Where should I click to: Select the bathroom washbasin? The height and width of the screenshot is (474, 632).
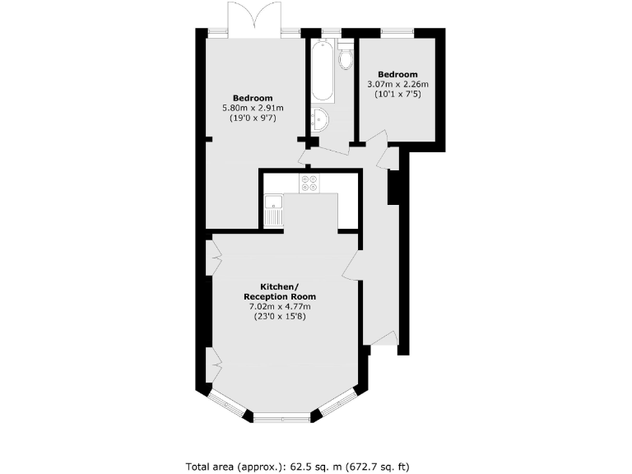click(319, 121)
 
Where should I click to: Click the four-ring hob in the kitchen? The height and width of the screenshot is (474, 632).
click(310, 184)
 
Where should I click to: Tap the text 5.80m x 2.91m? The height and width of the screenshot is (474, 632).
click(253, 108)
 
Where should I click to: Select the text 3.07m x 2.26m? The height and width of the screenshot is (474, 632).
click(398, 84)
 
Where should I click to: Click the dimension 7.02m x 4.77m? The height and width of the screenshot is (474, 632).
click(279, 307)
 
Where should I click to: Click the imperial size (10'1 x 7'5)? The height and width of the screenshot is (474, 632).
click(398, 94)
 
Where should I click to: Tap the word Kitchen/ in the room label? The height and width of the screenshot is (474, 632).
click(279, 286)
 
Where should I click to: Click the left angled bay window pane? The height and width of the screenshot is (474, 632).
click(224, 404)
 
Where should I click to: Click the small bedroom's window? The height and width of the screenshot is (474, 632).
click(397, 32)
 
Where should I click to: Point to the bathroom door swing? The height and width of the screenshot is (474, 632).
click(309, 153)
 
